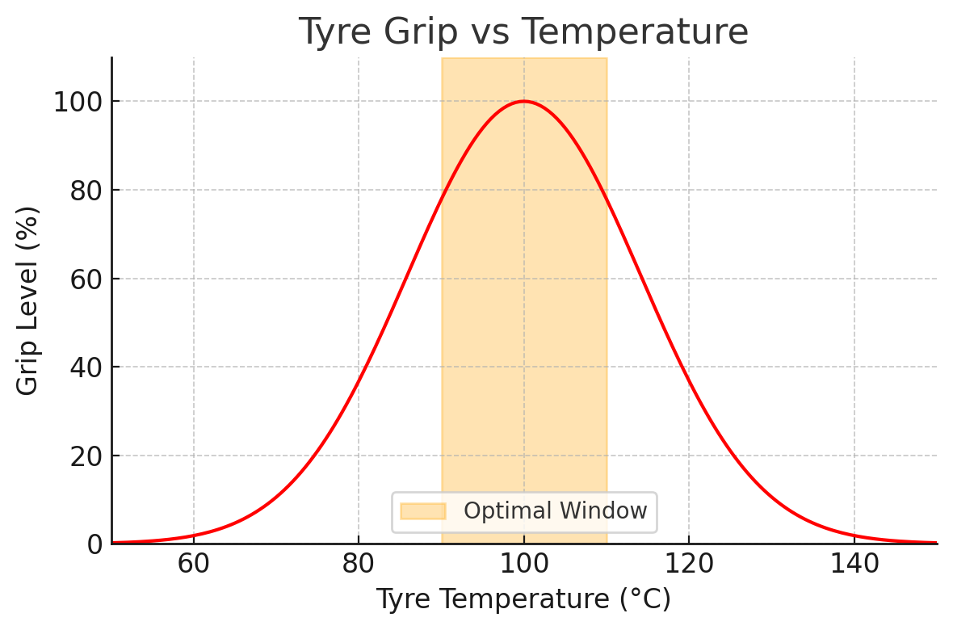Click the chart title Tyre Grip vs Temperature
[523, 31]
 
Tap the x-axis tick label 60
[193, 564]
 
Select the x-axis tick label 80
[359, 564]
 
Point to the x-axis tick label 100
[523, 564]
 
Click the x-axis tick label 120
[689, 564]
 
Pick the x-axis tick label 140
[854, 564]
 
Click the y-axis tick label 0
[94, 544]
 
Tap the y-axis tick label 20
[87, 456]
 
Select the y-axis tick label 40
[87, 367]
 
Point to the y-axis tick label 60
[87, 279]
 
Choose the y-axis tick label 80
[87, 191]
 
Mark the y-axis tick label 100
[78, 102]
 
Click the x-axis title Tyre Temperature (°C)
[523, 599]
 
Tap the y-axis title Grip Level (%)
[27, 301]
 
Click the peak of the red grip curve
[523, 101]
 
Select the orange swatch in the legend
[423, 510]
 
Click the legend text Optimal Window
[556, 510]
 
